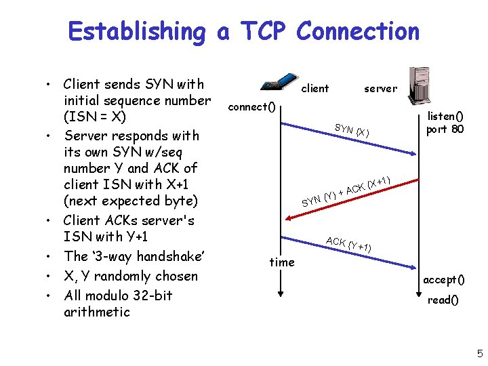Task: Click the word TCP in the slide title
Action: point(261,31)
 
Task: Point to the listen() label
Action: point(445,116)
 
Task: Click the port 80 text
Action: point(445,129)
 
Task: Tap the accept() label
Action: point(444,280)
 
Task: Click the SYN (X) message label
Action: point(352,129)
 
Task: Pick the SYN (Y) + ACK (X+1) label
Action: point(346,189)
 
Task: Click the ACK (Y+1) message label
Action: point(348,244)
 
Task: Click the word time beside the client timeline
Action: point(282,262)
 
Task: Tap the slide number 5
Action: point(479,353)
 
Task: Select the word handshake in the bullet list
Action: point(168,256)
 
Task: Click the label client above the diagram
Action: point(314,88)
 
